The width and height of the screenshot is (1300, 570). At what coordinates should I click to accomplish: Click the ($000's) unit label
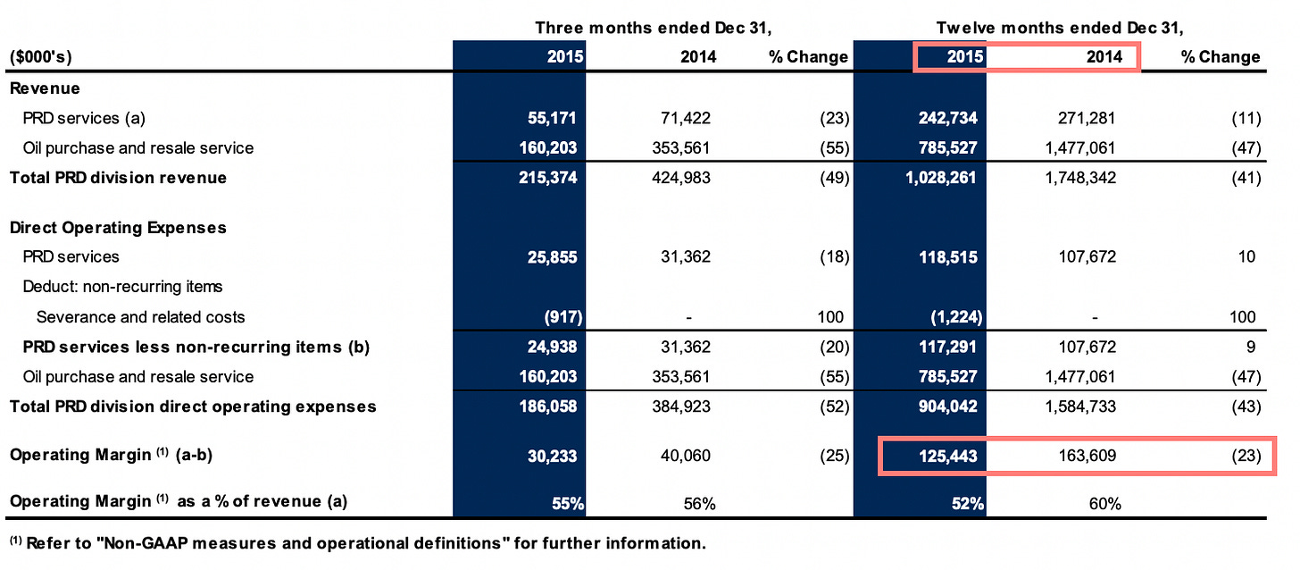coord(41,57)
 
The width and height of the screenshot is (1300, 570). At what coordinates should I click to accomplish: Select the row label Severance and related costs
coord(140,317)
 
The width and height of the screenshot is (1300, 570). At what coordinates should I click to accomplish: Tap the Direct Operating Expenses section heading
coord(118,228)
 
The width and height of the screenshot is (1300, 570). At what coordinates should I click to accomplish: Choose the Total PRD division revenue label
coord(118,178)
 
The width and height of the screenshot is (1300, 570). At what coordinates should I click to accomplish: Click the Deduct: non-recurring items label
coord(122,287)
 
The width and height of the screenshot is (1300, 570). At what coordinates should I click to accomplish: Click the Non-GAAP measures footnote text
coord(357,542)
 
